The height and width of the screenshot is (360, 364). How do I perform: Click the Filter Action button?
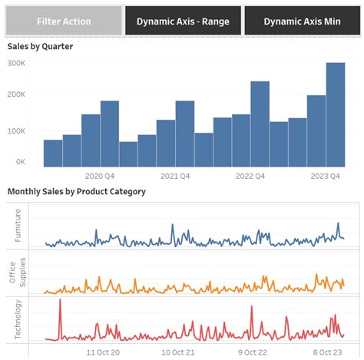pyautogui.click(x=64, y=21)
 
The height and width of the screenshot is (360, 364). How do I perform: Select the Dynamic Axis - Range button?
pyautogui.click(x=183, y=21)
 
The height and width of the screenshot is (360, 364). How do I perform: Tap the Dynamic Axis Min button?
pyautogui.click(x=302, y=21)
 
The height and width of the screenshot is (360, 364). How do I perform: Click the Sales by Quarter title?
pyautogui.click(x=40, y=47)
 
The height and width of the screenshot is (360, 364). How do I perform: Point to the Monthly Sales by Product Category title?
pyautogui.click(x=76, y=191)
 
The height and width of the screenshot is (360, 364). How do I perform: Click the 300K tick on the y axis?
pyautogui.click(x=16, y=63)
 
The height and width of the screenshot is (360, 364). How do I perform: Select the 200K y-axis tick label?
pyautogui.click(x=16, y=97)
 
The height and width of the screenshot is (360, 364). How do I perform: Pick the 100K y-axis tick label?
pyautogui.click(x=16, y=130)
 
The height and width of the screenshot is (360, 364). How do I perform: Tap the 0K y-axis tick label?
pyautogui.click(x=20, y=163)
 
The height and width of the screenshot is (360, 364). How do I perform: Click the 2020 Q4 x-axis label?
pyautogui.click(x=100, y=176)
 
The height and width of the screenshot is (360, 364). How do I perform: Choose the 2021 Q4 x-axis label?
pyautogui.click(x=175, y=176)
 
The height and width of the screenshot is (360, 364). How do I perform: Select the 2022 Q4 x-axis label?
pyautogui.click(x=250, y=176)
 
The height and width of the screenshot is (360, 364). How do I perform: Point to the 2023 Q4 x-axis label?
pyautogui.click(x=325, y=176)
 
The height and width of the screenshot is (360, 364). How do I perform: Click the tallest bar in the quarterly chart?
pyautogui.click(x=335, y=115)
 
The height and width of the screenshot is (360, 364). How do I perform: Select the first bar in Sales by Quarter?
pyautogui.click(x=53, y=153)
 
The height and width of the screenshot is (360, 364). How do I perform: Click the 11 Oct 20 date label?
pyautogui.click(x=102, y=352)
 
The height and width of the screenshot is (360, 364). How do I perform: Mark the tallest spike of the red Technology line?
pyautogui.click(x=60, y=300)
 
